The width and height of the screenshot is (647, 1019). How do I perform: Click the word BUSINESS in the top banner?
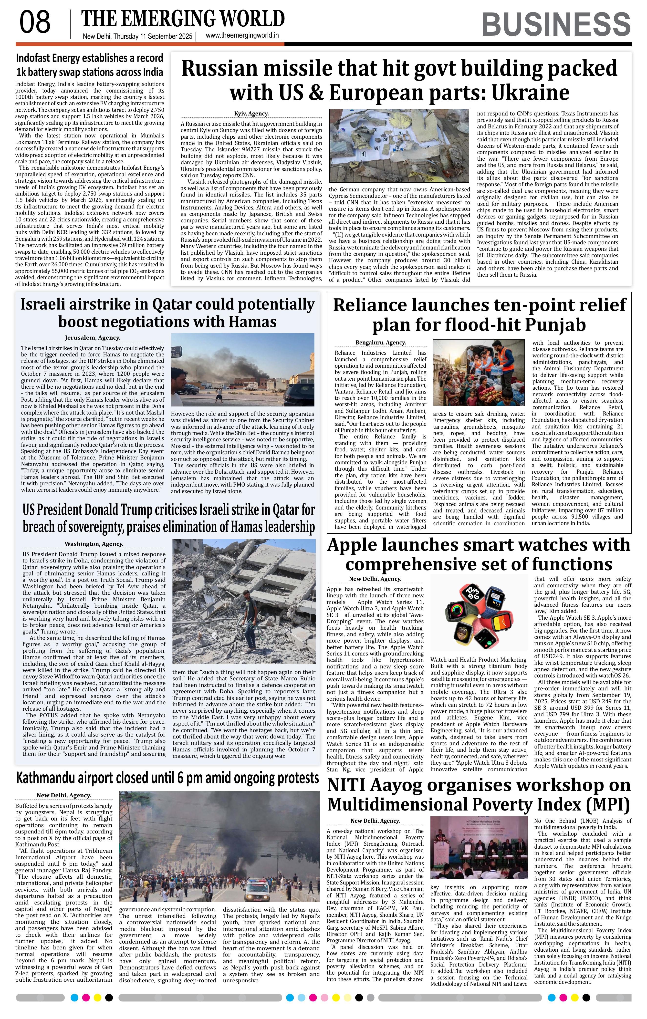click(556, 24)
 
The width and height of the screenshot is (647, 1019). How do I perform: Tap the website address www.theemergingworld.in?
click(242, 36)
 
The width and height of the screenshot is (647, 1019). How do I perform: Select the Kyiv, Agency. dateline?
click(251, 114)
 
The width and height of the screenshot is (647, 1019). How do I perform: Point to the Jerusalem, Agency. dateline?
click(93, 337)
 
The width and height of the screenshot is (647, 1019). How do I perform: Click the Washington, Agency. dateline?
click(94, 544)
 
